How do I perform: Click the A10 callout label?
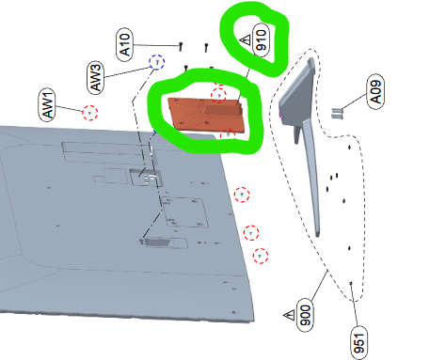pyautogui.click(x=124, y=44)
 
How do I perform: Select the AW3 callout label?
pyautogui.click(x=96, y=77)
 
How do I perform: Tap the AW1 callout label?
pyautogui.click(x=47, y=105)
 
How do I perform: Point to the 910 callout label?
pyautogui.click(x=261, y=40)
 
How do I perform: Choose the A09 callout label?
pyautogui.click(x=375, y=91)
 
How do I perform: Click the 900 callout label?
pyautogui.click(x=305, y=315)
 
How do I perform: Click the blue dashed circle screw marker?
pyautogui.click(x=157, y=62)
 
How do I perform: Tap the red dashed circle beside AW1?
pyautogui.click(x=90, y=113)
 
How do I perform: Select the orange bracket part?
pyautogui.click(x=206, y=115)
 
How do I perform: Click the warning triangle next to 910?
pyautogui.click(x=246, y=40)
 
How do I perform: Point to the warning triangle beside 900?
pyautogui.click(x=289, y=315)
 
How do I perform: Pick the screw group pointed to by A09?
pyautogui.click(x=337, y=113)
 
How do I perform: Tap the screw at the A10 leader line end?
pyautogui.click(x=181, y=47)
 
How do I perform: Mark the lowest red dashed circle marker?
pyautogui.click(x=261, y=256)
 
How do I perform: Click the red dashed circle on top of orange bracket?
pyautogui.click(x=218, y=94)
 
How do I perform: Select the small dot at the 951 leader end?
pyautogui.click(x=351, y=283)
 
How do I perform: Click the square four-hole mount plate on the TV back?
pyautogui.click(x=184, y=211)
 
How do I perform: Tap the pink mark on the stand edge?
pyautogui.click(x=281, y=117)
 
